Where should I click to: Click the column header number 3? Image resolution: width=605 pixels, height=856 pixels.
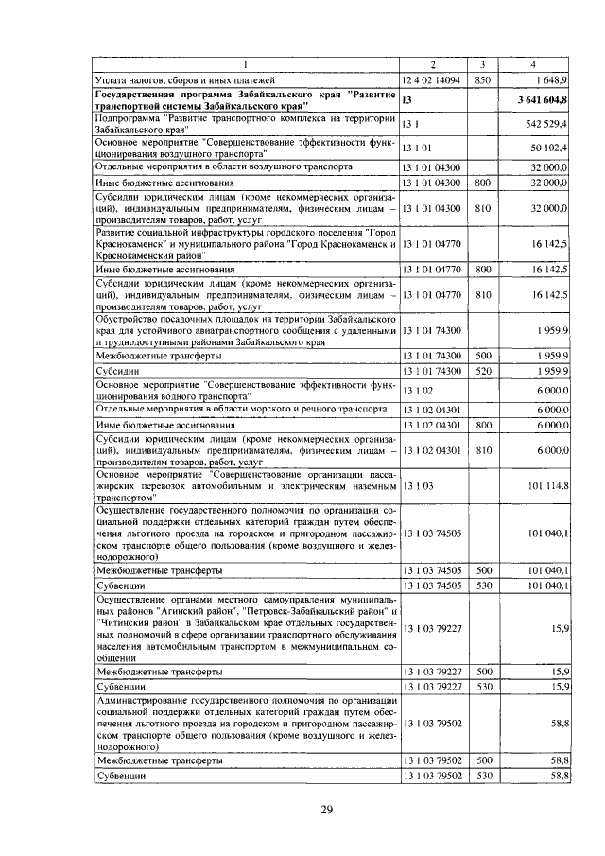coord(482,64)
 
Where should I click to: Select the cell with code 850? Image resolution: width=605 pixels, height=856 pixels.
coord(482,82)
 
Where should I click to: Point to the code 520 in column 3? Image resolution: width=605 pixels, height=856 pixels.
coord(482,372)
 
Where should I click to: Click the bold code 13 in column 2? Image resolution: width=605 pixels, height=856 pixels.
coord(407,100)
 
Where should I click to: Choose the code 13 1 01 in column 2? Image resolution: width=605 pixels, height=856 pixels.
coord(417,148)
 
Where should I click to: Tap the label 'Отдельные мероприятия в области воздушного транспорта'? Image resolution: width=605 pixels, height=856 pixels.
coord(225,166)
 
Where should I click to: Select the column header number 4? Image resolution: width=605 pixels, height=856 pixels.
coord(534,64)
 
